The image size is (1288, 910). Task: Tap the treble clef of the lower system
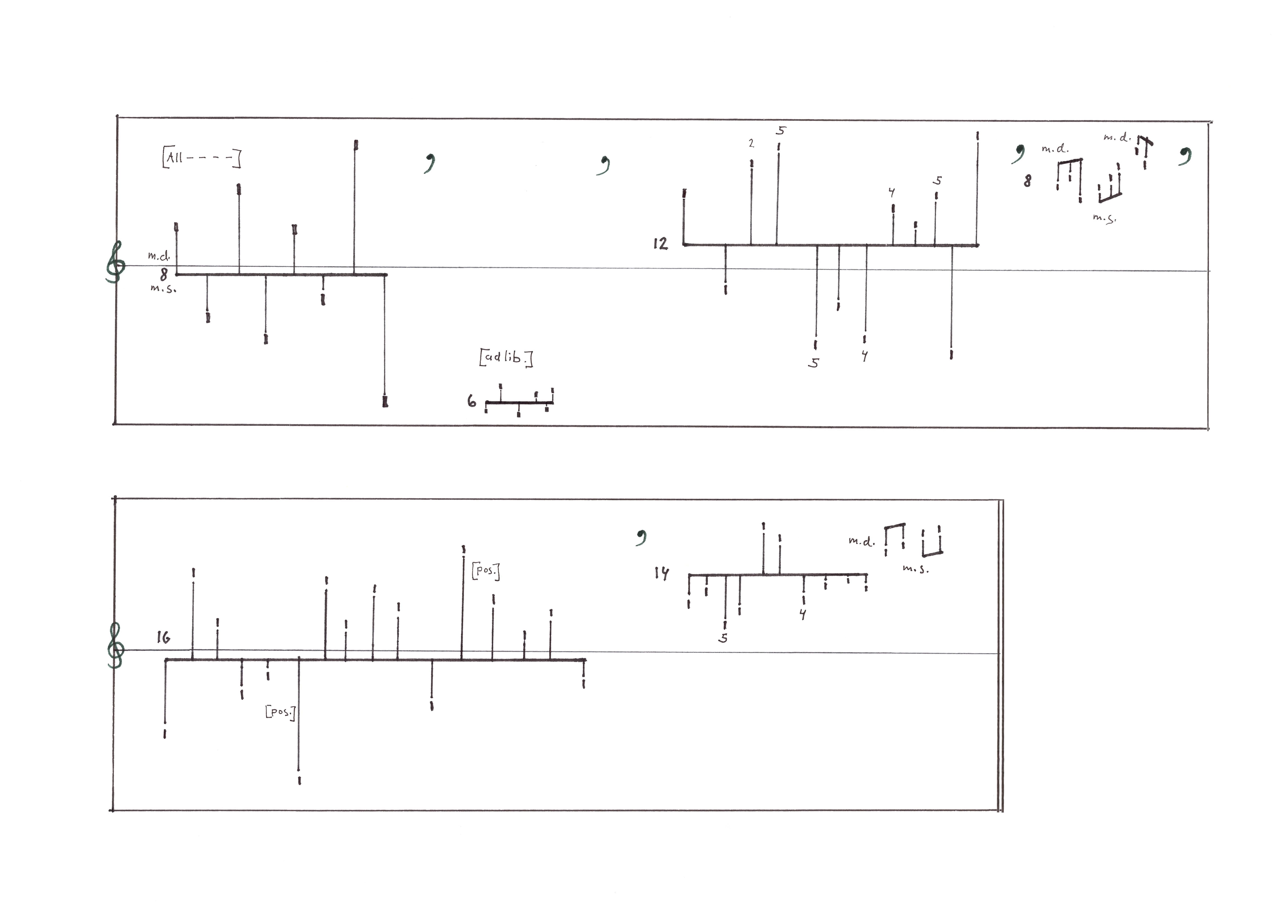(x=115, y=647)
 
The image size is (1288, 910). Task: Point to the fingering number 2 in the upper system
(x=751, y=143)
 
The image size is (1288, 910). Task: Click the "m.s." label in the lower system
(x=915, y=569)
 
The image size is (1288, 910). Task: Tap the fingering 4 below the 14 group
(x=803, y=614)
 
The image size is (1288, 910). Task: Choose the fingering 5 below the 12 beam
(x=813, y=363)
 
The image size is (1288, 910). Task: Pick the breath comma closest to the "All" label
(x=430, y=163)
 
